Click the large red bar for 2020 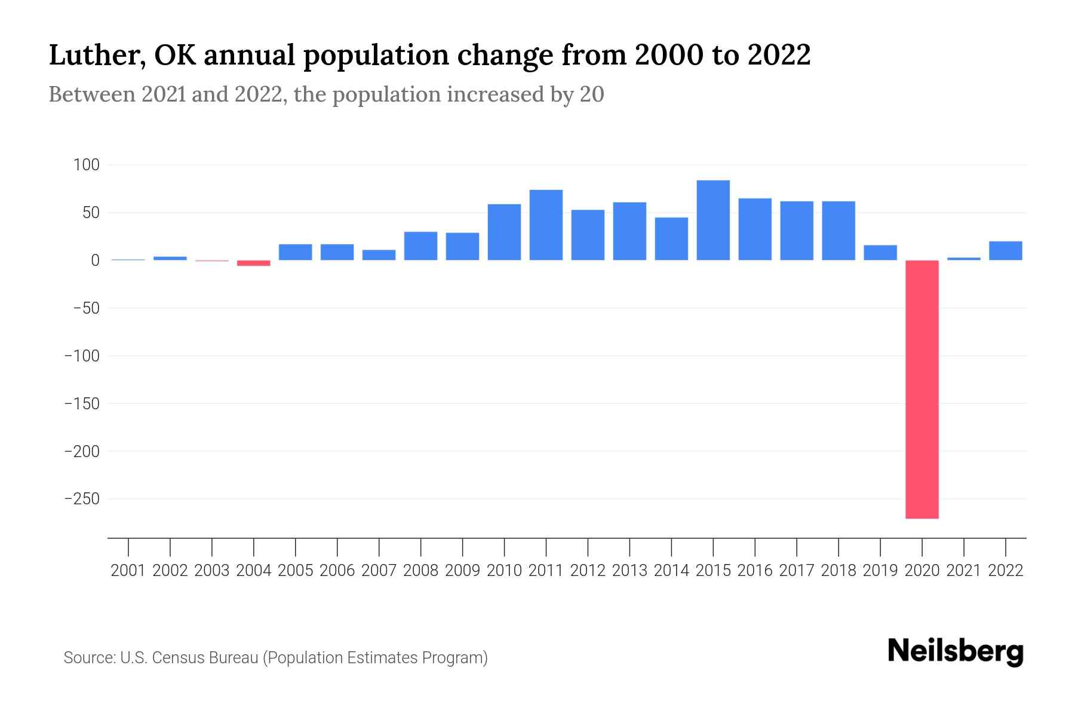coord(922,389)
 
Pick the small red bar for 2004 coord(254,263)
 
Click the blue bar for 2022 coord(1006,251)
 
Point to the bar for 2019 coord(880,253)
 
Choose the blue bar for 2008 coord(420,246)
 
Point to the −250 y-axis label coord(82,499)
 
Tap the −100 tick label coord(82,356)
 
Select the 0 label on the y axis coord(95,261)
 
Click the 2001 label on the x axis coord(128,571)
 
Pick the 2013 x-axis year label coord(629,571)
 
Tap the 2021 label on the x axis coord(964,571)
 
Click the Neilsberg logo coord(956,652)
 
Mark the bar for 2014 coord(671,238)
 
